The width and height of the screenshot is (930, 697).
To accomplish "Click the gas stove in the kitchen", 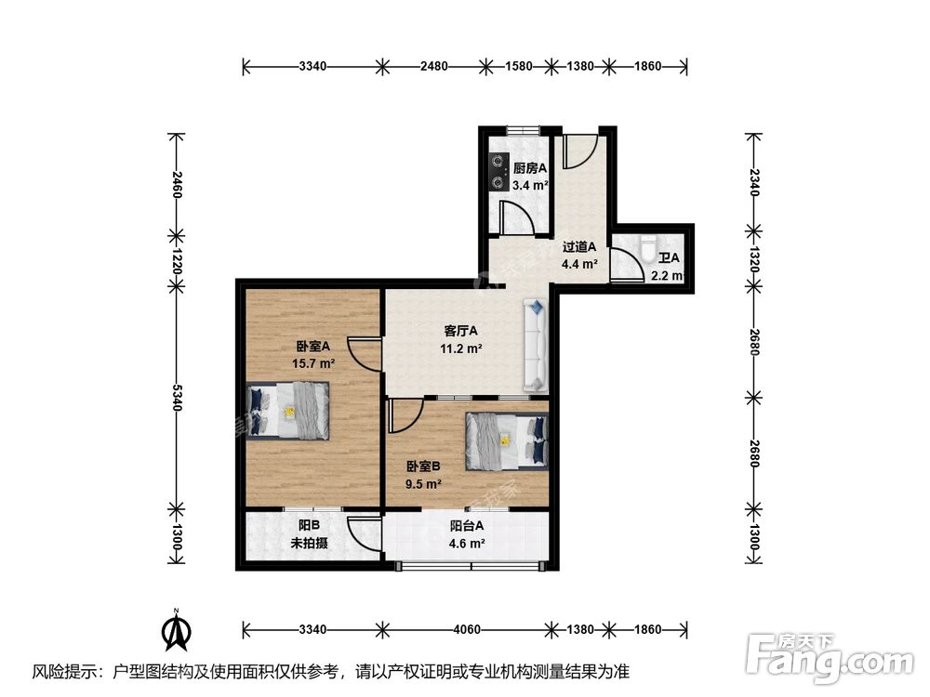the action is tap(498, 172).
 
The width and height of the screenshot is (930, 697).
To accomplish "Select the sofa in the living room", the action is tap(536, 346).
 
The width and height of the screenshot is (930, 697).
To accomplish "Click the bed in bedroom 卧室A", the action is tap(288, 410).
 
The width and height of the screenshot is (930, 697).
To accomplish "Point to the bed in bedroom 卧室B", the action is tap(507, 441).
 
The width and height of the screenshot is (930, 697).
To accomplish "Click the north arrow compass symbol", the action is tap(176, 630).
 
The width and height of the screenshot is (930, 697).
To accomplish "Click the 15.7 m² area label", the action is tap(313, 363).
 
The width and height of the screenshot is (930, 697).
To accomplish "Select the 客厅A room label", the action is tap(461, 331).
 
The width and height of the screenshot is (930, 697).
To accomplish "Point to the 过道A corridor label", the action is tap(578, 246).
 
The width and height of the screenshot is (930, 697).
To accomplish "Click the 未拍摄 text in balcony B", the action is tap(309, 543).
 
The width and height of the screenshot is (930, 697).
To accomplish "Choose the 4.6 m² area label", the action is tap(467, 543).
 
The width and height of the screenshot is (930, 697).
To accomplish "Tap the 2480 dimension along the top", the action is tap(434, 66).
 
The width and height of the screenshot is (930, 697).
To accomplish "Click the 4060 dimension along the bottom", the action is tap(467, 629).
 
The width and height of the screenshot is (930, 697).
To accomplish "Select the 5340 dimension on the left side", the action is tap(177, 397).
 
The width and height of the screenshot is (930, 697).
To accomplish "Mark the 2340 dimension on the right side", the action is tap(754, 182).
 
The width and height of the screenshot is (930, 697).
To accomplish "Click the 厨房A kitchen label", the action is tap(530, 168).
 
